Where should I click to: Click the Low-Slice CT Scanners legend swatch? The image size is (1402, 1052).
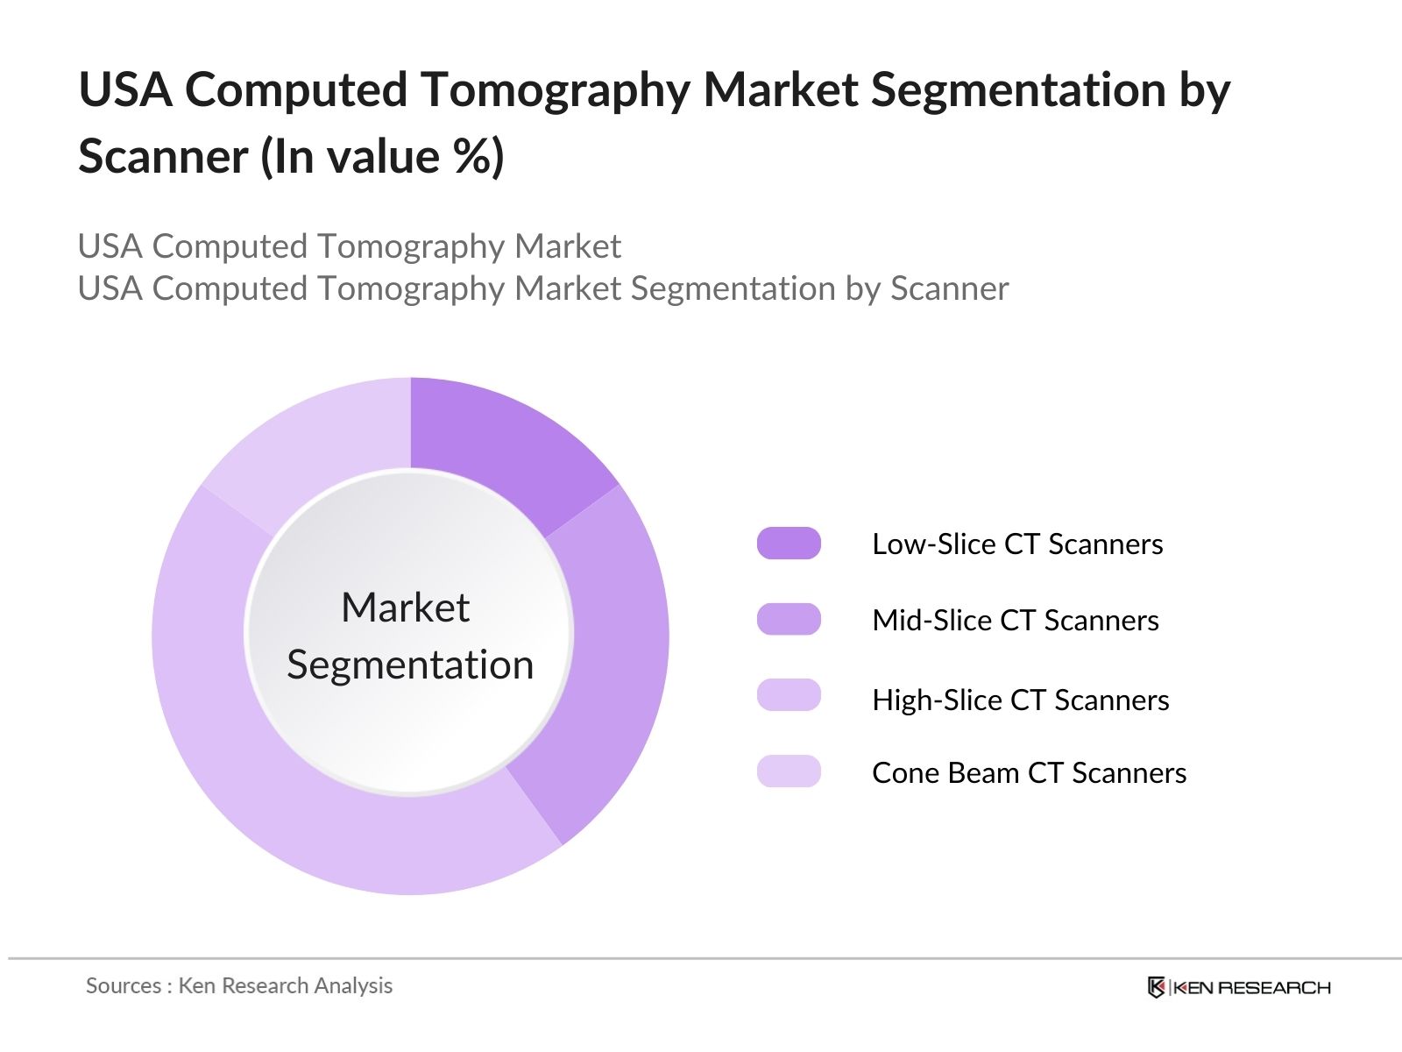coord(789,544)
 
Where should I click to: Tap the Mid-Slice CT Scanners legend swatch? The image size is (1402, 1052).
coord(789,620)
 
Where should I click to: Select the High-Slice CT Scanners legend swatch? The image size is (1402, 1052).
coord(789,696)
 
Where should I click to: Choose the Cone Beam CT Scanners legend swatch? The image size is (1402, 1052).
coord(789,771)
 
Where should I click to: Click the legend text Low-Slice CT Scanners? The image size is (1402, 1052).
coord(1017,544)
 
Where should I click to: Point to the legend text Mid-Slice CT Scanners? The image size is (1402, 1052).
coord(1016,621)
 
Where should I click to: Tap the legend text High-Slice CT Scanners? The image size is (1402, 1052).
coord(1021,700)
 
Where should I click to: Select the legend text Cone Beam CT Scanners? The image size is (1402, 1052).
coord(1030,773)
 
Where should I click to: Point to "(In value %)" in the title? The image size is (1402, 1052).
coord(382,158)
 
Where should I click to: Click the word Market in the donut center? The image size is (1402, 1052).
coord(406,608)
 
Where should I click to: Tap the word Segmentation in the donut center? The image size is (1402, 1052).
coord(410,665)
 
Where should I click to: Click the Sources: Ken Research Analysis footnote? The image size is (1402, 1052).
coord(239,986)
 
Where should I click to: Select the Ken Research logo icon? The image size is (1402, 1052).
coord(1157,988)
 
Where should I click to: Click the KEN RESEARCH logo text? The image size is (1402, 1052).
coord(1251,988)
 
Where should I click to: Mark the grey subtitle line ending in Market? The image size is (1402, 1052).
coord(350,246)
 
